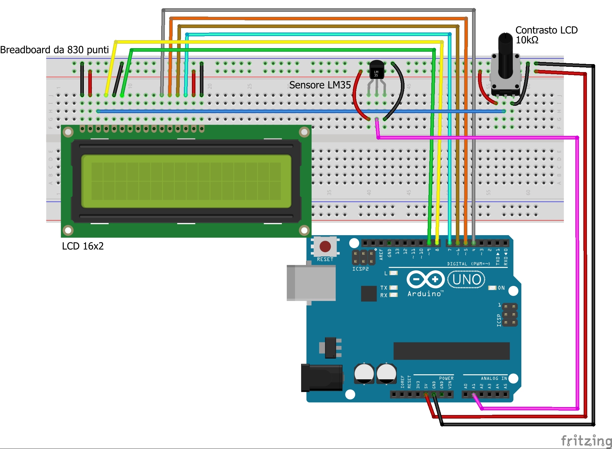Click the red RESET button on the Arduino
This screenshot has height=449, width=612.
click(x=325, y=246)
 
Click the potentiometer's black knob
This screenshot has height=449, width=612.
click(x=505, y=55)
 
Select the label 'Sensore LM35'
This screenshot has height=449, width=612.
click(x=320, y=85)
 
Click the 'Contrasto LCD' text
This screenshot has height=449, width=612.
click(x=546, y=30)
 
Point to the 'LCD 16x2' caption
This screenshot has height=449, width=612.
click(x=83, y=246)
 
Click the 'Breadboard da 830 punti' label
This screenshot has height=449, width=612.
click(x=55, y=50)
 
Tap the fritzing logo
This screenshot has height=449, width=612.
click(x=586, y=440)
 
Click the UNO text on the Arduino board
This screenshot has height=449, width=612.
click(x=466, y=279)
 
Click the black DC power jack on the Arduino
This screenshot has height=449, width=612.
click(x=321, y=378)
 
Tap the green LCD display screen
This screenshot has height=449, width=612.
click(x=186, y=181)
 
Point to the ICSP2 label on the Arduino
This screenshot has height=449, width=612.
click(x=360, y=269)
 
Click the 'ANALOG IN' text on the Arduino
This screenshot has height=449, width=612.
click(x=494, y=378)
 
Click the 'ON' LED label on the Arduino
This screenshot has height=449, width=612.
click(x=501, y=288)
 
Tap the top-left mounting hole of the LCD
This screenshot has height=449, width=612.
click(x=68, y=132)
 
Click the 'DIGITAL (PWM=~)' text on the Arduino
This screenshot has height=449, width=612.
click(x=468, y=263)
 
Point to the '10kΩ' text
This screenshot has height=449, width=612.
click(x=527, y=40)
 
